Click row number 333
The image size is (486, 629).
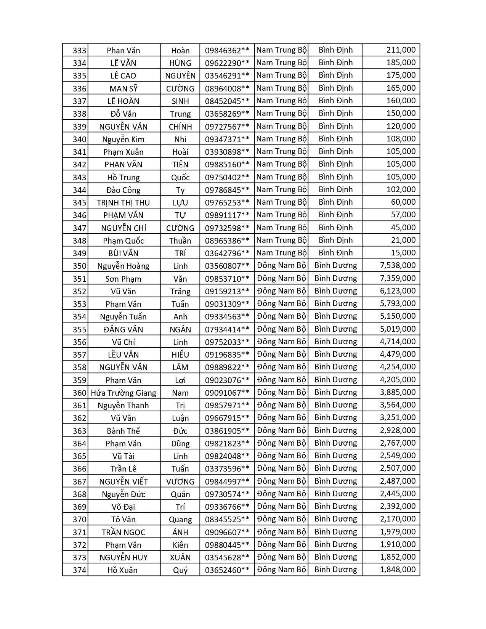(79, 51)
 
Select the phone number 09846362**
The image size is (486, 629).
(227, 51)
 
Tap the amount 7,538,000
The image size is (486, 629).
(398, 266)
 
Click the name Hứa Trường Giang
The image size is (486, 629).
(124, 393)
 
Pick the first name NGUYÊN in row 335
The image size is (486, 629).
(180, 76)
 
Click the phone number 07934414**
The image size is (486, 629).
(227, 329)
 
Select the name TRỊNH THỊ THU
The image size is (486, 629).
(124, 203)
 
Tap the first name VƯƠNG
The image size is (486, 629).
(180, 481)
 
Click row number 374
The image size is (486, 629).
(79, 570)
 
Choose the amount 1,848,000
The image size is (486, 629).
(398, 570)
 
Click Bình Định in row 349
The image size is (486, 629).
(335, 253)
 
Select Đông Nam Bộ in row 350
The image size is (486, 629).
(281, 266)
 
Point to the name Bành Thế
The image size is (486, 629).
(124, 431)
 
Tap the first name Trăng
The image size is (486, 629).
(180, 292)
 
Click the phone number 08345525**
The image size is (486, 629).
(227, 520)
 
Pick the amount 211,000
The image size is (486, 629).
(401, 50)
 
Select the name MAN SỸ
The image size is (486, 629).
(124, 89)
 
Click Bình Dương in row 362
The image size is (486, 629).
(335, 418)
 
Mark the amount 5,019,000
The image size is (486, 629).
(398, 329)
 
